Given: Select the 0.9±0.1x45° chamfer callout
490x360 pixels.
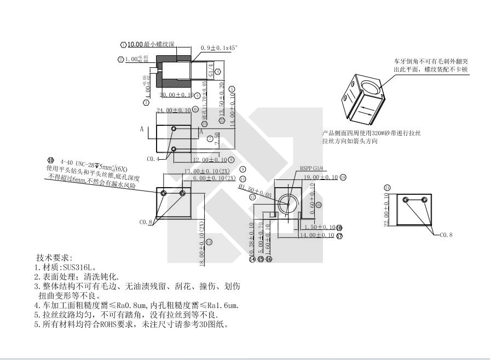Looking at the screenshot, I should coord(219,48).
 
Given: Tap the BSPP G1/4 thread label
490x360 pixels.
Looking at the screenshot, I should coord(312,169).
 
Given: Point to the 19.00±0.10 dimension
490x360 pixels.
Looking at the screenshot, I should coord(321,177).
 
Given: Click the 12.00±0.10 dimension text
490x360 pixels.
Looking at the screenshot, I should coord(210,160).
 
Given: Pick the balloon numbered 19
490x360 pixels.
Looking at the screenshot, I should coord(343,177).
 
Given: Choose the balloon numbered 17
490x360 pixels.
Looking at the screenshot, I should coord(339,236).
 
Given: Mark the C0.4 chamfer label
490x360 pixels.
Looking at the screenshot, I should coord(153,159).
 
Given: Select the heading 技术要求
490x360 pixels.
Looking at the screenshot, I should coord(54,258).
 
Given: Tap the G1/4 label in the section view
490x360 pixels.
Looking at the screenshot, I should coord(211,71).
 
